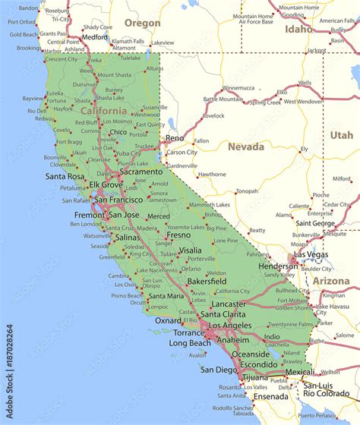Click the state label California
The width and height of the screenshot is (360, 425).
pyautogui.click(x=104, y=111)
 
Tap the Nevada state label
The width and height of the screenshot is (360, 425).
pyautogui.click(x=247, y=146)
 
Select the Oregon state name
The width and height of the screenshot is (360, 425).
pyautogui.click(x=142, y=24)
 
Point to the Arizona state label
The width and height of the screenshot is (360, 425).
pyautogui.click(x=331, y=281)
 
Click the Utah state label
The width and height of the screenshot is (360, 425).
pyautogui.click(x=341, y=135)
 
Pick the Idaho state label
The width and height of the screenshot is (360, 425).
pyautogui.click(x=298, y=29)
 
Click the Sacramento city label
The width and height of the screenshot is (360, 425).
pyautogui.click(x=141, y=172)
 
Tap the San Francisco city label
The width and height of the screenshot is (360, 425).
pyautogui.click(x=118, y=200)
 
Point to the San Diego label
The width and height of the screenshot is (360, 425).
pyautogui.click(x=218, y=370)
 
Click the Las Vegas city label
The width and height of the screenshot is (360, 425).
pyautogui.click(x=311, y=254)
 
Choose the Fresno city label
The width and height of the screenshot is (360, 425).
pyautogui.click(x=178, y=235)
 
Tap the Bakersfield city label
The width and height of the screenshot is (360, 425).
pyautogui.click(x=207, y=281)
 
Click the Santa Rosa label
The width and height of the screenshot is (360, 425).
pyautogui.click(x=65, y=176)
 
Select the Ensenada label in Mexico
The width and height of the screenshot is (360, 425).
pyautogui.click(x=271, y=396)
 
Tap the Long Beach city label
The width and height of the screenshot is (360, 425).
pyautogui.click(x=188, y=343)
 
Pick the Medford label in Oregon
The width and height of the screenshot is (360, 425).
pyautogui.click(x=95, y=36)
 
